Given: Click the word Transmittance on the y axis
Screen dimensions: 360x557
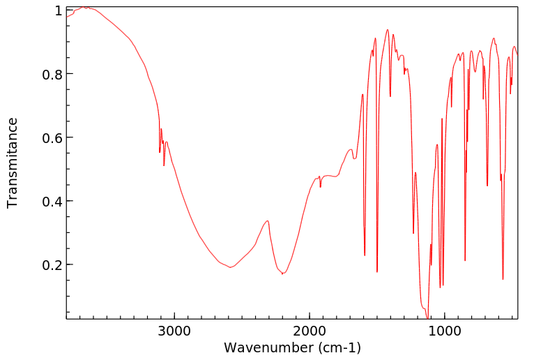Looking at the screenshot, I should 13,163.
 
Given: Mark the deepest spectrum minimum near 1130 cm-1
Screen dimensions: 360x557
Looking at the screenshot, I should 427,317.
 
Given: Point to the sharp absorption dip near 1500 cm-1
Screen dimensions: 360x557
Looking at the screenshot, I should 377,272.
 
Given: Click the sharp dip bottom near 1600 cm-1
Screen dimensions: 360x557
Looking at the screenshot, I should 365,255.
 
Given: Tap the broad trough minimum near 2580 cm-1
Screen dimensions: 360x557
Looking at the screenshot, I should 230,267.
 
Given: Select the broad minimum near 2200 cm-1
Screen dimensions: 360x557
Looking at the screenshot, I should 282,273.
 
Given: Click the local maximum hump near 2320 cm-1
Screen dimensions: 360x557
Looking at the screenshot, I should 267,220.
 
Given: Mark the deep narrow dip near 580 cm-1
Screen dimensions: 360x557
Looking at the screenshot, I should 503,279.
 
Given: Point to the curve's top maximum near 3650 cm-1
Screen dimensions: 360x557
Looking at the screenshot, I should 84,7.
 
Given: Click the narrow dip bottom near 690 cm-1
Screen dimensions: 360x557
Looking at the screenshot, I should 487,186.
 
